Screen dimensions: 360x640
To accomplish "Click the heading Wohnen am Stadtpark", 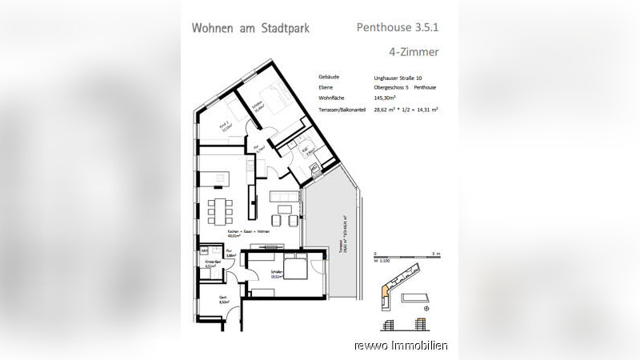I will (x=250, y=28).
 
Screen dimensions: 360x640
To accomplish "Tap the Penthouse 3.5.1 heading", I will (x=398, y=27).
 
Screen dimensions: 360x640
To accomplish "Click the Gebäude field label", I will (x=329, y=78).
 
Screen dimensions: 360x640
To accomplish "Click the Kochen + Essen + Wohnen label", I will (x=224, y=232).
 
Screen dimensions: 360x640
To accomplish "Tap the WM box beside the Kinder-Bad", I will (x=204, y=250).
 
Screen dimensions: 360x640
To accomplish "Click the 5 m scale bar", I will (x=403, y=256).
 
